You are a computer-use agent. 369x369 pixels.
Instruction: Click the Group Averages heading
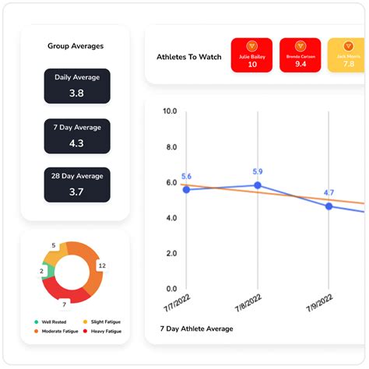pyautogui.click(x=75, y=46)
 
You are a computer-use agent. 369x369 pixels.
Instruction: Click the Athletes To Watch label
pyautogui.click(x=189, y=57)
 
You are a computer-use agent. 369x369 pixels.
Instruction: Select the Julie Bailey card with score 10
pyautogui.click(x=252, y=55)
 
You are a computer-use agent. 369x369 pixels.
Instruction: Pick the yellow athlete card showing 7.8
pyautogui.click(x=347, y=55)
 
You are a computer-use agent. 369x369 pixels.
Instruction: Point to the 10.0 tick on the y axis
pyautogui.click(x=169, y=111)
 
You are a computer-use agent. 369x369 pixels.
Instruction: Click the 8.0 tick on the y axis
pyautogui.click(x=170, y=147)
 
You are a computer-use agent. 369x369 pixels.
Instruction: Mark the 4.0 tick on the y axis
pyautogui.click(x=170, y=218)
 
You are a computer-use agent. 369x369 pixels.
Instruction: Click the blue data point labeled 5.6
pyautogui.click(x=186, y=190)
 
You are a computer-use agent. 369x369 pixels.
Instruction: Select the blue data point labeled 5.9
pyautogui.click(x=258, y=185)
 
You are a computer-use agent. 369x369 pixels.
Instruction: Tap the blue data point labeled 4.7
pyautogui.click(x=329, y=206)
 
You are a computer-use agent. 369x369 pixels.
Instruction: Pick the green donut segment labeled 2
pyautogui.click(x=49, y=271)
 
